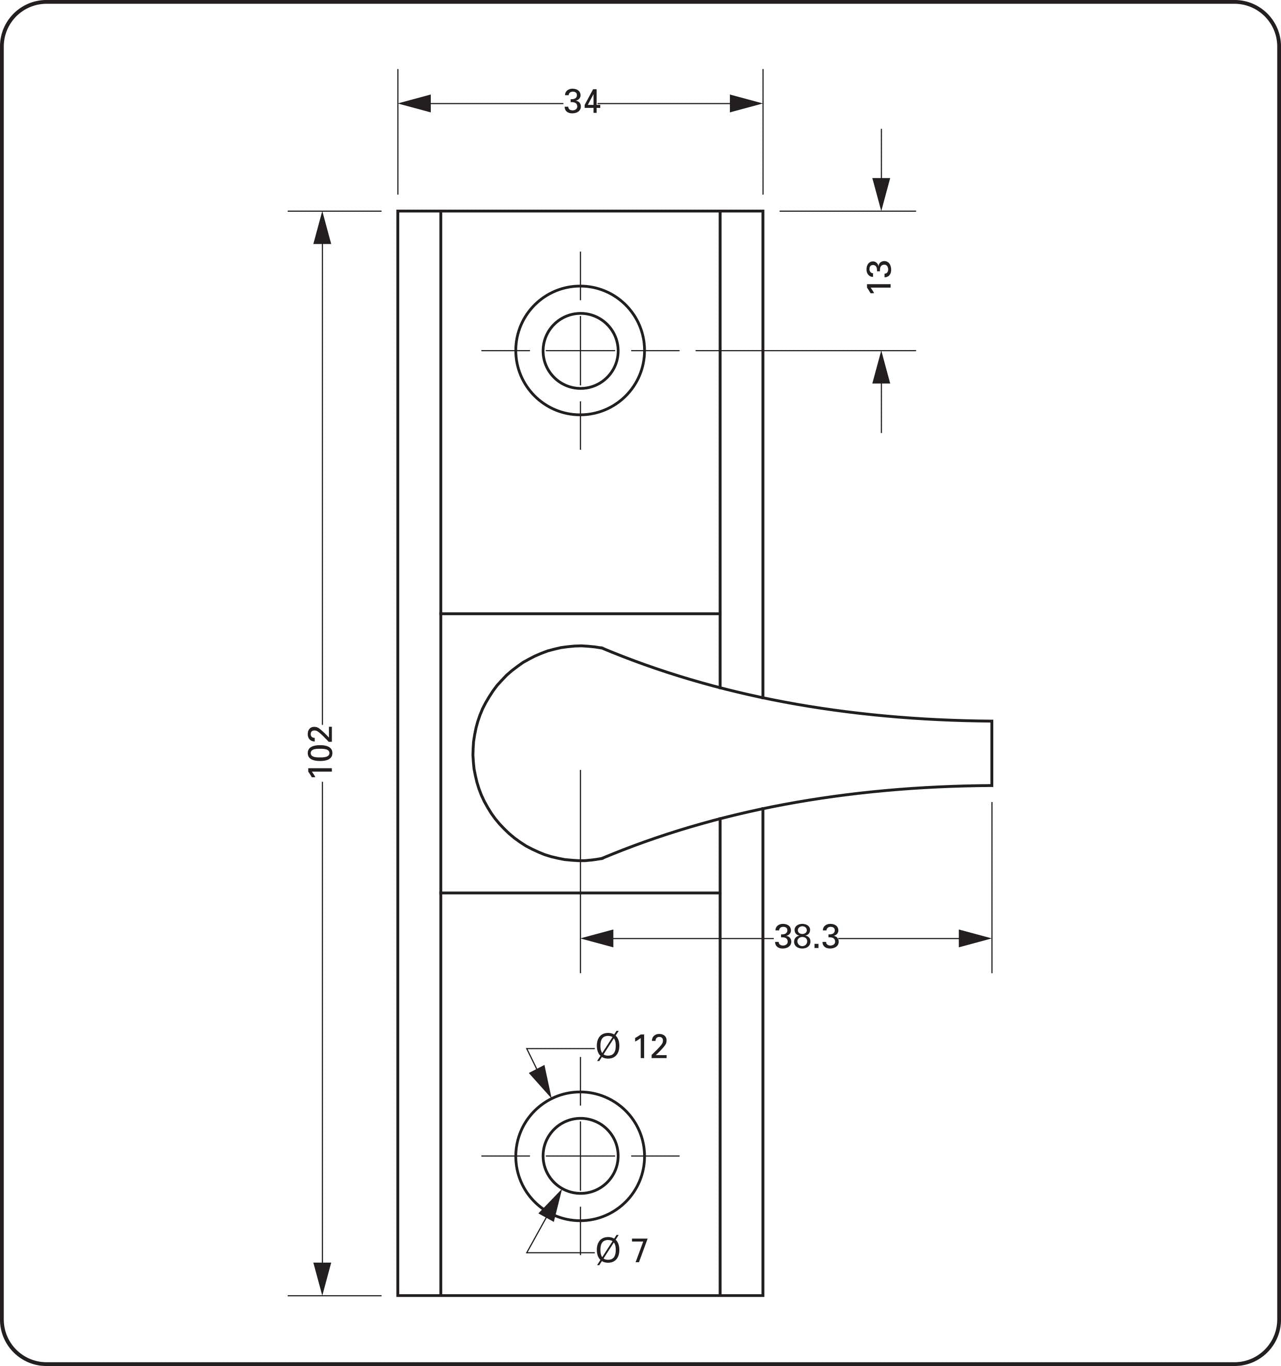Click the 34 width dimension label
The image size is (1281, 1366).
582,102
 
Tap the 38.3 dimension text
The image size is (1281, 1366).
806,937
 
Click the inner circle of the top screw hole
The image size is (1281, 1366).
580,351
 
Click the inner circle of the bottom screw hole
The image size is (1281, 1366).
580,1156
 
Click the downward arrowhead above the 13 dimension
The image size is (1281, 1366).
881,194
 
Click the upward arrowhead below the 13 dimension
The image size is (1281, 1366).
881,368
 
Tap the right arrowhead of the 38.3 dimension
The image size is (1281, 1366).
975,938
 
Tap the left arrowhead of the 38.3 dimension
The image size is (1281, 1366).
597,938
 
